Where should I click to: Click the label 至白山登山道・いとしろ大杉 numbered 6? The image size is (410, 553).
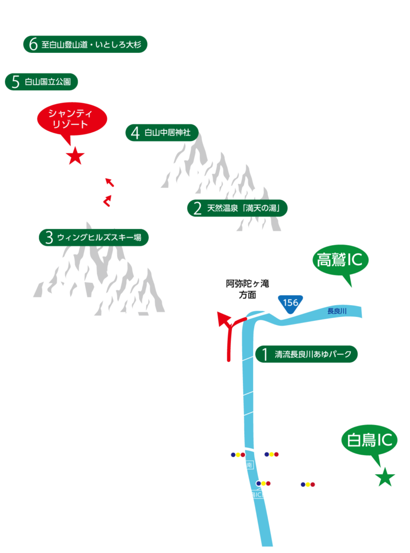click(x=85, y=44)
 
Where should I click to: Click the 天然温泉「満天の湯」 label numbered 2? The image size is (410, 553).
click(x=237, y=208)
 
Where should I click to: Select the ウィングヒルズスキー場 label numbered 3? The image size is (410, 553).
click(x=94, y=237)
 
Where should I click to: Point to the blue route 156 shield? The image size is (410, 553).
click(x=290, y=302)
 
